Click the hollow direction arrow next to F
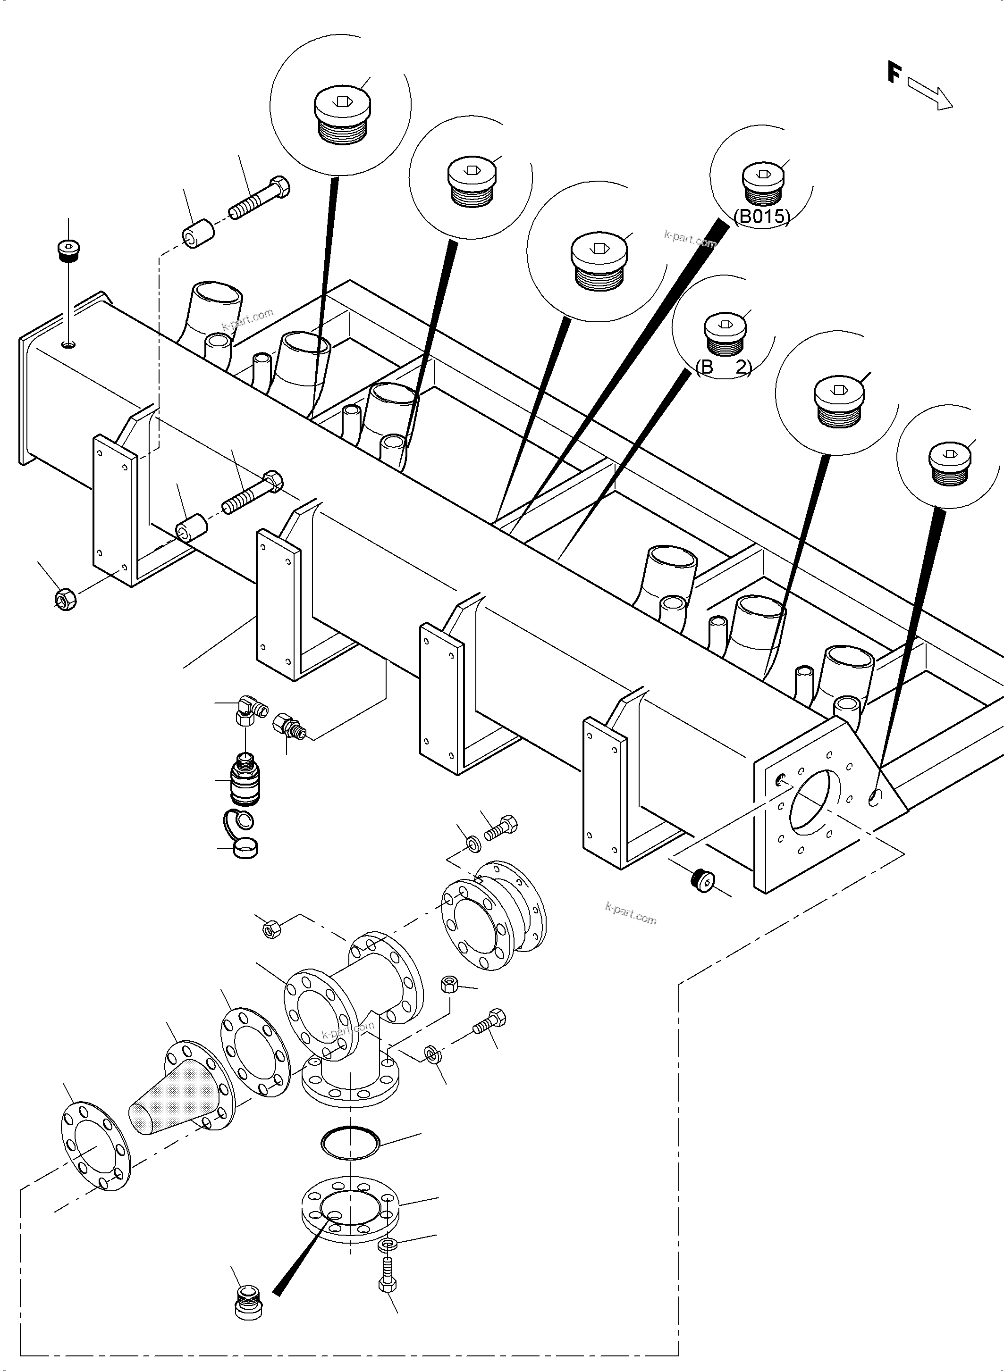click(x=930, y=94)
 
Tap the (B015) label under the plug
click(x=762, y=217)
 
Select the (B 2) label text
click(x=723, y=368)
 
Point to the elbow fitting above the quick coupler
click(x=249, y=710)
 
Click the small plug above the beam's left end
click(x=68, y=250)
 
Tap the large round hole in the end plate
click(x=814, y=799)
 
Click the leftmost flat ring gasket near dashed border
click(x=96, y=1146)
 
